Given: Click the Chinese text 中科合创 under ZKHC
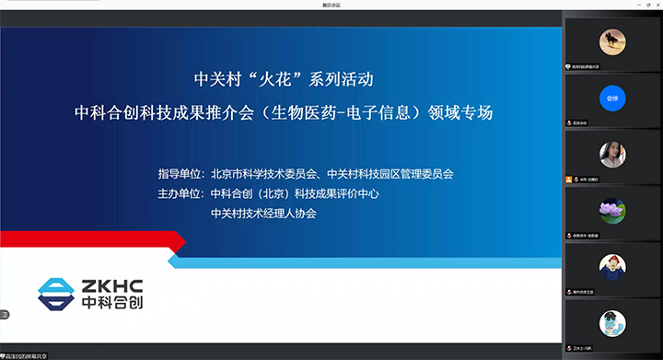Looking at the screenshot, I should [119, 302].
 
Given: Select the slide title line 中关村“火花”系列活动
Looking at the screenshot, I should [285, 79].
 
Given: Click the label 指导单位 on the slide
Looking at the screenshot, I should [180, 173].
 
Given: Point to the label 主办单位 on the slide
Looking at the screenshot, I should [180, 193].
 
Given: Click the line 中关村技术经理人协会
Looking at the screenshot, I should [263, 213].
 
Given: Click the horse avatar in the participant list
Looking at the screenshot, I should [611, 41].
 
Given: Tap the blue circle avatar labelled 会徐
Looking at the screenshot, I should [611, 97].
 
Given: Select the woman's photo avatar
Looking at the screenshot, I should [611, 153].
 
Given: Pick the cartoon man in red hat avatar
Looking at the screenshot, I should [611, 266].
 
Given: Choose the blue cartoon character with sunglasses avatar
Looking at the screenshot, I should [611, 322].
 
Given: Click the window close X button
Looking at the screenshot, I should [655, 5].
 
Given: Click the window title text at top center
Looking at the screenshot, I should [331, 5].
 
